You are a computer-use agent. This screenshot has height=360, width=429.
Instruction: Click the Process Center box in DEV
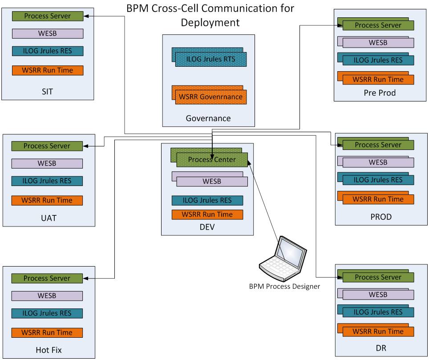[212, 160]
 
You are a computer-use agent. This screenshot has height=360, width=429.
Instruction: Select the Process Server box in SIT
[47, 16]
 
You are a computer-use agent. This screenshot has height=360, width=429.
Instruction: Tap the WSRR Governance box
[210, 97]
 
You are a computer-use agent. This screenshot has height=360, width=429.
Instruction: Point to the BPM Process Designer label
[284, 287]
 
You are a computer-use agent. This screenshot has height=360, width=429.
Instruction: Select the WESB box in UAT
[47, 163]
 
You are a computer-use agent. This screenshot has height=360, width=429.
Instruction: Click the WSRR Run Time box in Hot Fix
[47, 332]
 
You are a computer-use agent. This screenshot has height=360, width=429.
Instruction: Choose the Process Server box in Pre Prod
[378, 25]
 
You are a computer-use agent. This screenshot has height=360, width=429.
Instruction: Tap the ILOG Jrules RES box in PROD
[378, 180]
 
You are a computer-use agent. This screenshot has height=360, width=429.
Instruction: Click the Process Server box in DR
[378, 277]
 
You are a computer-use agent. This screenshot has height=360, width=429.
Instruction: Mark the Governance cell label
[208, 118]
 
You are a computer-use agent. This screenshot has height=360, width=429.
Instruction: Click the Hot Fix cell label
[49, 350]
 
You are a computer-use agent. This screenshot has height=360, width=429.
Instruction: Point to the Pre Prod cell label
[380, 93]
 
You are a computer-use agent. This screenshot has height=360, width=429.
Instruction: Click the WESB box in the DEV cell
[211, 182]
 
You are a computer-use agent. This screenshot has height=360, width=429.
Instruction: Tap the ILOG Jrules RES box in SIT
[47, 51]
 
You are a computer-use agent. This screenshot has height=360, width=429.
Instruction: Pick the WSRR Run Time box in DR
[378, 332]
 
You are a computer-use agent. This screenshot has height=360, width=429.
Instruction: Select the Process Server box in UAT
[47, 146]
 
